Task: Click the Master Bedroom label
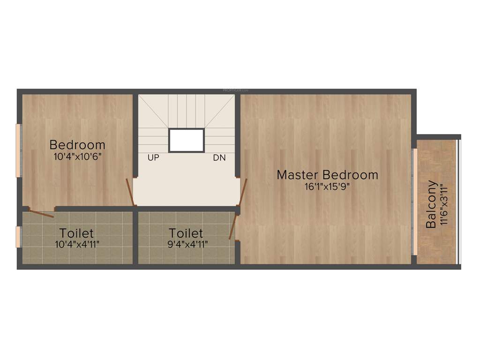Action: pos(327,175)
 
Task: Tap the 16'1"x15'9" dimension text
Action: pos(327,186)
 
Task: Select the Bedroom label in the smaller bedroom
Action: pos(77,144)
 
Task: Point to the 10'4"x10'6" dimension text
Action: pos(77,156)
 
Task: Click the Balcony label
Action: pos(431,204)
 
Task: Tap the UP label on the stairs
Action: pos(153,158)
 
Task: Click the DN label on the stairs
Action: pos(219,158)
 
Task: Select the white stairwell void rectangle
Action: pos(187,140)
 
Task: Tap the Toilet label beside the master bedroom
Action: pos(186,233)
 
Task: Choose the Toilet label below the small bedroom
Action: pos(76,233)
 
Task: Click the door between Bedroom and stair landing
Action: pos(131,193)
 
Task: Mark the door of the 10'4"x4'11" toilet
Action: pos(40,213)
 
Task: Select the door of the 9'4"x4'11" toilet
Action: pos(232,227)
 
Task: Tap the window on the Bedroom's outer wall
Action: pos(18,150)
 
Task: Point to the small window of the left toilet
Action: pos(18,237)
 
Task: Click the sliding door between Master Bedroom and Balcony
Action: pos(414,202)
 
